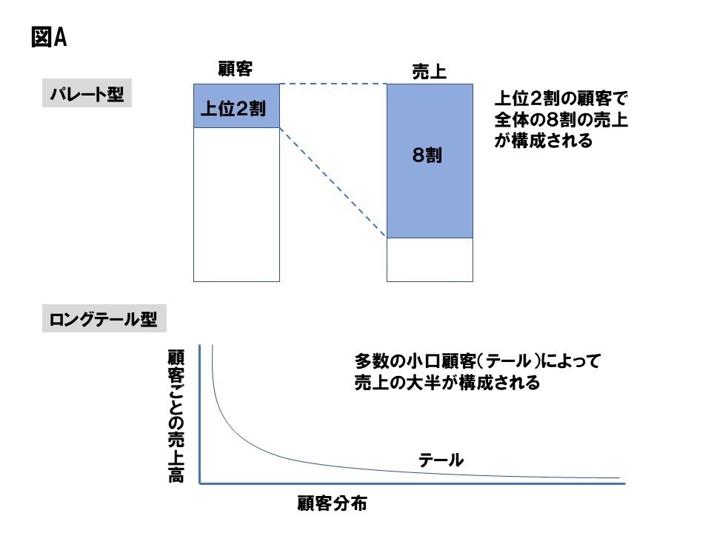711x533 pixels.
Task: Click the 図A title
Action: tap(49, 37)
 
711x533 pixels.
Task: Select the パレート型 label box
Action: tap(87, 93)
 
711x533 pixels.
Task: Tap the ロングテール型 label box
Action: tap(104, 318)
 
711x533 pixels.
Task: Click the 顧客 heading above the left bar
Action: tap(236, 69)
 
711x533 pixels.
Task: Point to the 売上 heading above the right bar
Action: tap(429, 72)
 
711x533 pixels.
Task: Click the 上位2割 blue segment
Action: tap(236, 106)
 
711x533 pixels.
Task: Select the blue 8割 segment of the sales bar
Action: tap(430, 161)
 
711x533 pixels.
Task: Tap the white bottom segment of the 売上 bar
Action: tap(430, 260)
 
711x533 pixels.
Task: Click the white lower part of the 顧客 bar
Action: tap(236, 205)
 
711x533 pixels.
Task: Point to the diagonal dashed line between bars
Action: tap(333, 182)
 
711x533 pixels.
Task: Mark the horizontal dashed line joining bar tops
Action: tap(333, 84)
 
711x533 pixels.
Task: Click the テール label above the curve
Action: tap(441, 460)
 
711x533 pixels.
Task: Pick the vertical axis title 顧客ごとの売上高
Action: tap(176, 416)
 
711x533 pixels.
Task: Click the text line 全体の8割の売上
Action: tap(561, 120)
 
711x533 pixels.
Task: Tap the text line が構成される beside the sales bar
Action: tap(543, 141)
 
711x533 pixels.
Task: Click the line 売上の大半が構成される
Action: tap(447, 383)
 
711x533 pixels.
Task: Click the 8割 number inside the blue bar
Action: tap(427, 155)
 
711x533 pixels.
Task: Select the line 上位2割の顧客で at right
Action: tap(561, 98)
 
